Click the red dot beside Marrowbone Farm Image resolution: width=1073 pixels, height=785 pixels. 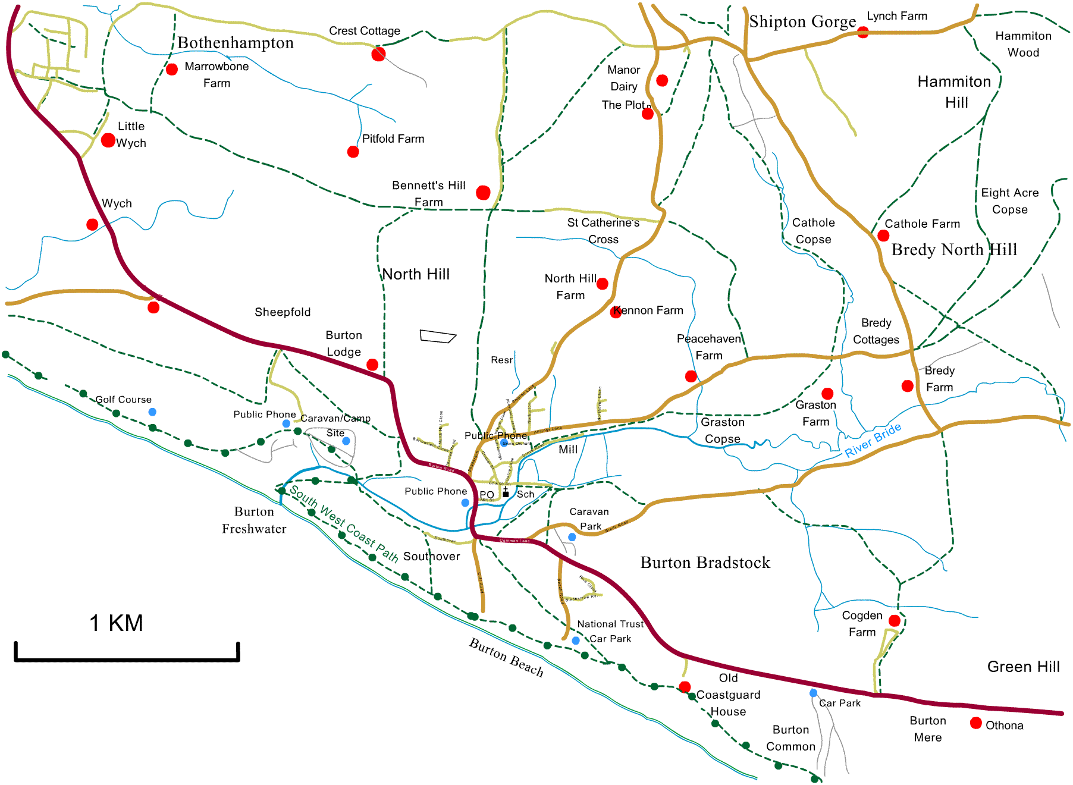[x=172, y=69]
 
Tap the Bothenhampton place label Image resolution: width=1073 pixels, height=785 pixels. [x=236, y=43]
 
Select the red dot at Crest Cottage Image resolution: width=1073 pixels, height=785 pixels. [x=378, y=55]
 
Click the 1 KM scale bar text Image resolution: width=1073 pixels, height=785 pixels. [x=116, y=623]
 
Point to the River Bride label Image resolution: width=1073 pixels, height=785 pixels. [x=873, y=439]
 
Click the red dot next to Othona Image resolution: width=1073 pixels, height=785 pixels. [x=975, y=723]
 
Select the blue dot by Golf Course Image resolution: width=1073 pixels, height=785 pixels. [x=152, y=412]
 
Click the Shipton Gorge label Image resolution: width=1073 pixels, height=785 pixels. [x=802, y=22]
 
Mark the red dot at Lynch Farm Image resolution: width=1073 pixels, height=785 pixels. [x=862, y=32]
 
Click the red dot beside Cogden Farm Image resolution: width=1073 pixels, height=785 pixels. [x=894, y=621]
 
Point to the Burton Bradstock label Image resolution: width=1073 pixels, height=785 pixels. [x=705, y=563]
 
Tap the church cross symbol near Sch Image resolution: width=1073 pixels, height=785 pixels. [x=506, y=492]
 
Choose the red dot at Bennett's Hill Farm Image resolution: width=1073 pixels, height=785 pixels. [x=483, y=193]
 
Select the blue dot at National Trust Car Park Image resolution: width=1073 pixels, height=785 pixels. [x=575, y=640]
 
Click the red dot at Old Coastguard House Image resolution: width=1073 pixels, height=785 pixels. [x=685, y=687]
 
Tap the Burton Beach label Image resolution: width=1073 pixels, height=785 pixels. [x=506, y=657]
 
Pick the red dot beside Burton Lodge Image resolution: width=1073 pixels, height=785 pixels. [x=372, y=365]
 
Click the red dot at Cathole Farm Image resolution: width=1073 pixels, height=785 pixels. [x=883, y=235]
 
